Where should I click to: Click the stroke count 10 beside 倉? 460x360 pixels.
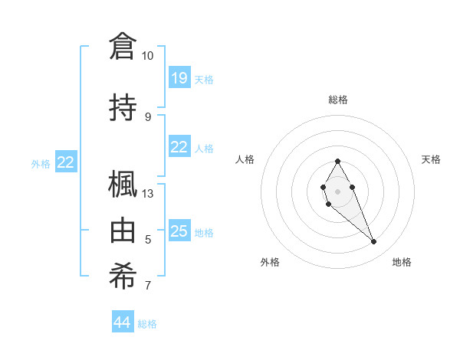pos(147,56)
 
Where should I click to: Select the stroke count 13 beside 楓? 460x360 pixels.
pos(148,194)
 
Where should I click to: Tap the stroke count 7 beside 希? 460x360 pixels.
pos(148,286)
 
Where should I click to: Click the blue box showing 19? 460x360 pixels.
pos(179,78)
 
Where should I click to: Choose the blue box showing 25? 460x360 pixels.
pos(179,231)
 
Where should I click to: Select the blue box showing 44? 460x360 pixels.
pos(123,323)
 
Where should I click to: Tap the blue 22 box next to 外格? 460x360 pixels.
pos(66,162)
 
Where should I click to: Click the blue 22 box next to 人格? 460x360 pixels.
pos(179,148)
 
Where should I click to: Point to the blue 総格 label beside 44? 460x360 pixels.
pos(147,324)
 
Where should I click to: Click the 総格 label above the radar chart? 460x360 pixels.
pos(337,100)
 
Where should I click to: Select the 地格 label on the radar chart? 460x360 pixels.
pos(402,262)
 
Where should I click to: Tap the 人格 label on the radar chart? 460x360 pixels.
pos(245,159)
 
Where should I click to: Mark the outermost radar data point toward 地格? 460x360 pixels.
pos(373,242)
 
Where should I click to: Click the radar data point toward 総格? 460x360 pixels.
pos(337,161)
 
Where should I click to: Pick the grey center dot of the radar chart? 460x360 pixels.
pos(337,190)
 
